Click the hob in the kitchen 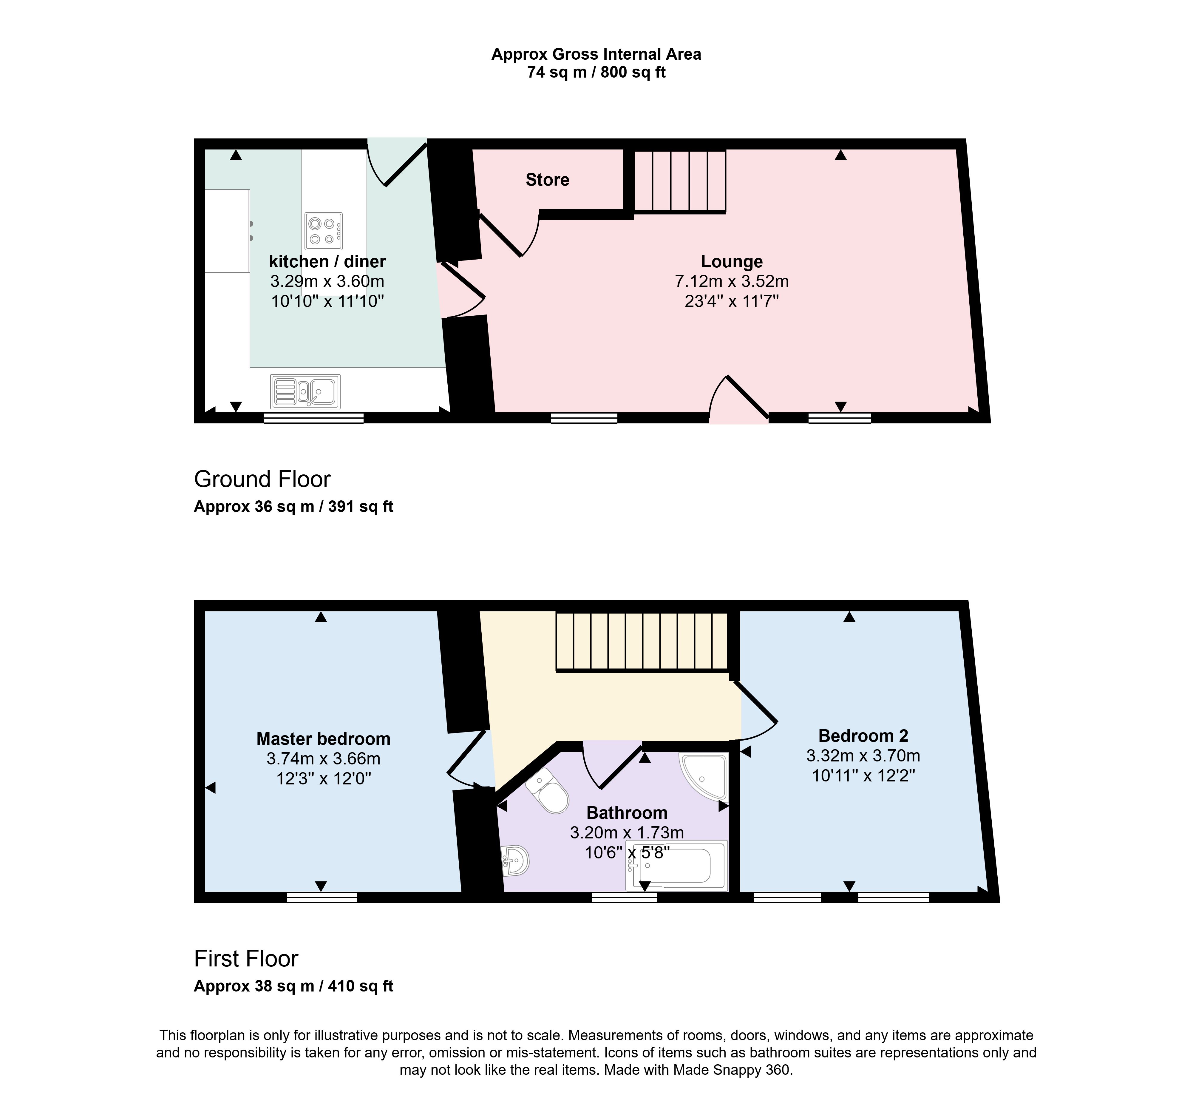point(323,231)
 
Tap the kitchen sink point(305,391)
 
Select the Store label point(547,180)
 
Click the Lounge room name point(731,262)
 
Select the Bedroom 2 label point(863,736)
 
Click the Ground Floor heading point(262,479)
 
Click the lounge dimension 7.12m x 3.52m point(731,281)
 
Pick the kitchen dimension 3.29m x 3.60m point(327,281)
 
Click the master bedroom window point(322,897)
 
